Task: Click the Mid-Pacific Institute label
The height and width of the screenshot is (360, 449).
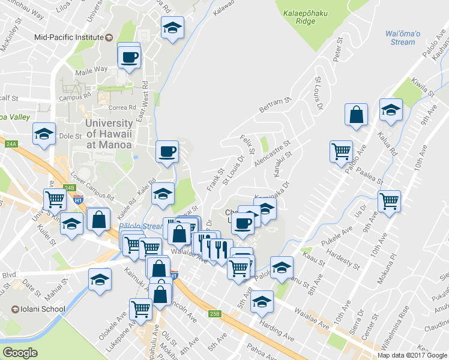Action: (70, 37)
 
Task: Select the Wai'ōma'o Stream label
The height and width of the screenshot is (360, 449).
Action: (400, 38)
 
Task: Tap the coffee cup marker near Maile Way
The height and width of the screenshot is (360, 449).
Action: (130, 58)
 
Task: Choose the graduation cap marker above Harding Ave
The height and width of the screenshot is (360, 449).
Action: (262, 302)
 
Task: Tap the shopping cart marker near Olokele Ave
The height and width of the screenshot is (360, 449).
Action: (140, 309)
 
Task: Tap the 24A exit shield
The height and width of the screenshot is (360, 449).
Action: (11, 144)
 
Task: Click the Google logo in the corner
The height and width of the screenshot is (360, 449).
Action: (20, 353)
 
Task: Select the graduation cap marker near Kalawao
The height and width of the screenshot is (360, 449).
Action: (172, 28)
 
